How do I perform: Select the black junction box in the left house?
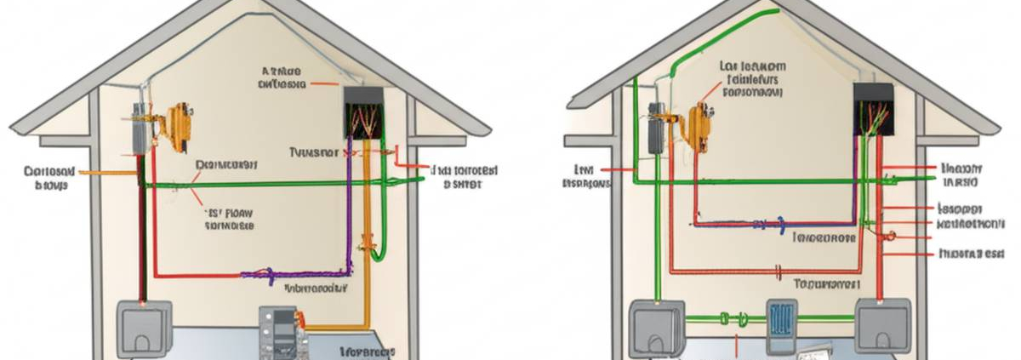click(x=361, y=111)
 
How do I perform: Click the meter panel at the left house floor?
click(x=282, y=329)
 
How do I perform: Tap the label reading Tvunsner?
click(x=314, y=152)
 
